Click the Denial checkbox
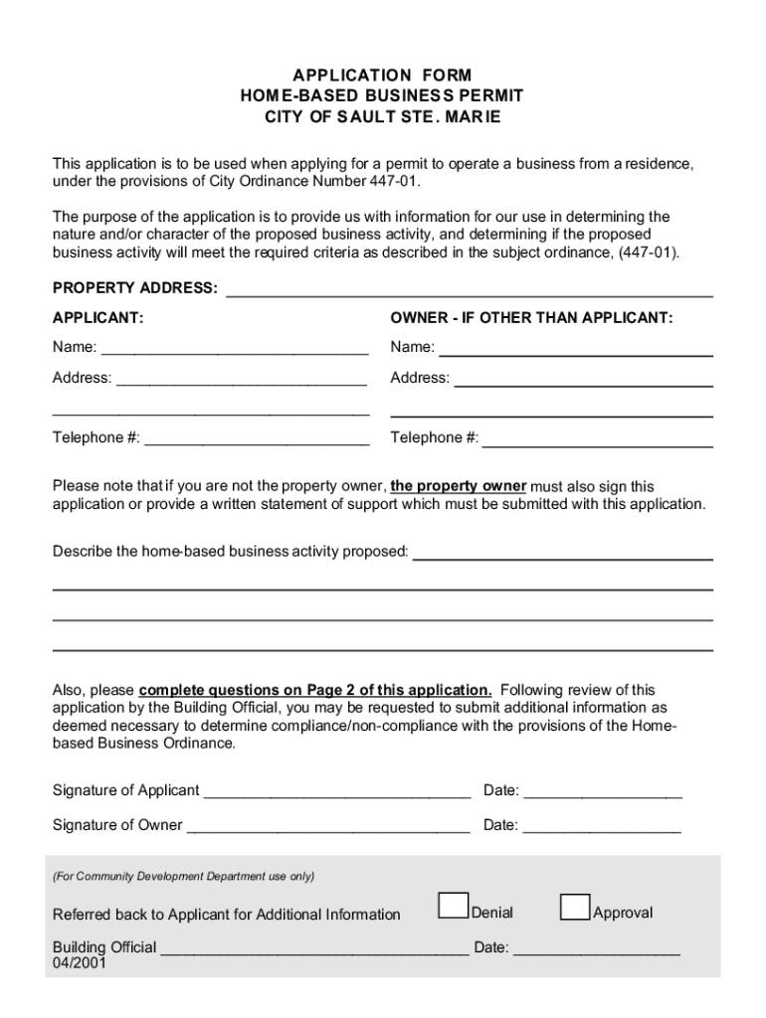(454, 906)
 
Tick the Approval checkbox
(575, 907)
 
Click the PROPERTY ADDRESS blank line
(470, 290)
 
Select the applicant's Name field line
(235, 349)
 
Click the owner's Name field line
(575, 349)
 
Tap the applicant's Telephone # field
(257, 439)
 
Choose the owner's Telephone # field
(597, 439)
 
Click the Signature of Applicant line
(336, 792)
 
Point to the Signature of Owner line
(328, 826)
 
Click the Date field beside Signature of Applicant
(603, 792)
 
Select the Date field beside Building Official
(597, 949)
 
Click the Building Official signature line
(314, 949)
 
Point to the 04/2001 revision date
(80, 963)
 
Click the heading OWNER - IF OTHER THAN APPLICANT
(531, 318)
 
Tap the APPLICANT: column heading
(97, 318)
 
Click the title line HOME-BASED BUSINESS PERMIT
(382, 96)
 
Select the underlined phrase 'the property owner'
(458, 486)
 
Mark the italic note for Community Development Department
(184, 876)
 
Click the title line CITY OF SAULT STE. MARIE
(382, 117)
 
